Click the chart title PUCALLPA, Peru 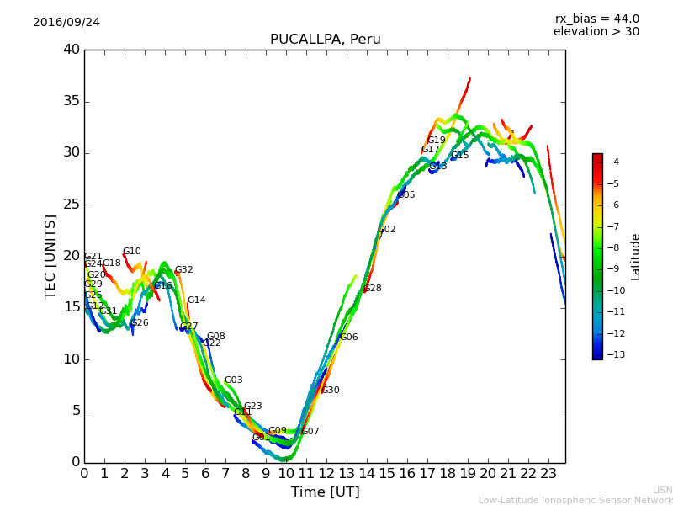click(x=325, y=40)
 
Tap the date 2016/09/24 click(x=66, y=23)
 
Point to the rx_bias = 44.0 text click(x=596, y=19)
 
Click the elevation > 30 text click(x=596, y=32)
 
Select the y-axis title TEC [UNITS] click(x=50, y=256)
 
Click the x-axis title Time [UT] click(x=325, y=492)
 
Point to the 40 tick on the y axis click(x=72, y=50)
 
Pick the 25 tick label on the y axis click(x=72, y=205)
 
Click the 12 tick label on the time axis click(x=326, y=473)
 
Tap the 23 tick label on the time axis click(x=548, y=473)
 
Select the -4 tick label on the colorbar click(x=612, y=162)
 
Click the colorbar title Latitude click(x=636, y=257)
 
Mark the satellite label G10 click(x=132, y=252)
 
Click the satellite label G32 click(x=184, y=270)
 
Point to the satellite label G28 click(x=372, y=289)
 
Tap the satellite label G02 click(x=386, y=230)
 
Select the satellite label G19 click(x=437, y=141)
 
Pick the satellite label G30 click(x=331, y=391)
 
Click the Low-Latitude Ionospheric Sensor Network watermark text click(x=575, y=500)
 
